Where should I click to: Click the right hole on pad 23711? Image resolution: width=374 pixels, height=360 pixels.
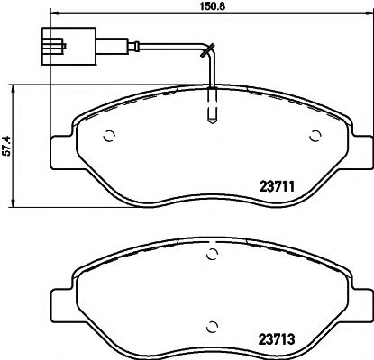(x=315, y=137)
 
